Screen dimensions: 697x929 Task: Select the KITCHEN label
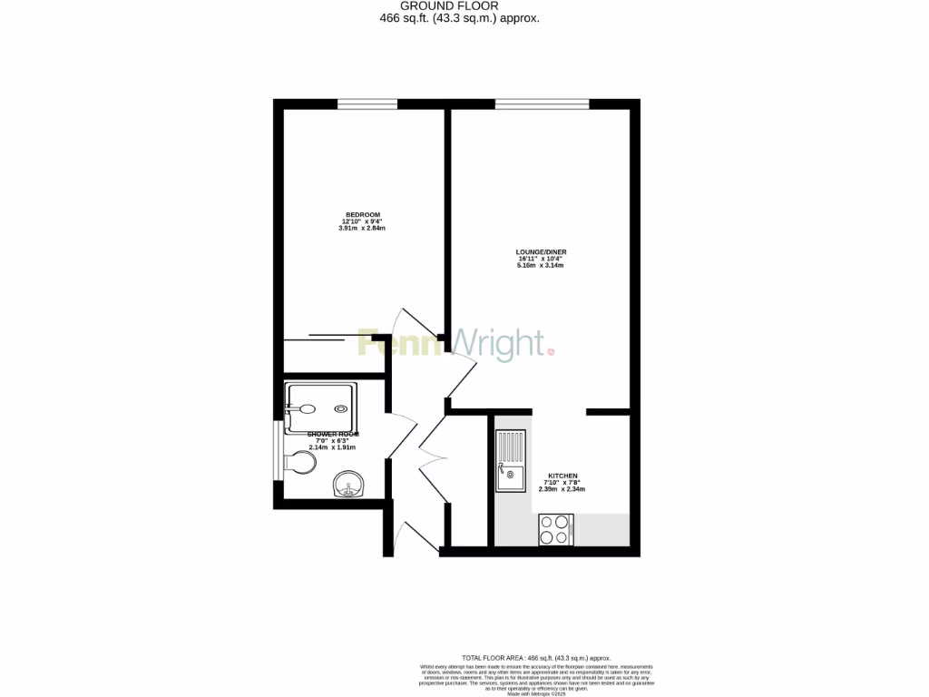(561, 476)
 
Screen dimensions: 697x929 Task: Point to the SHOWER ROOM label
(332, 435)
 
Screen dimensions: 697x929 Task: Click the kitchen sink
(510, 461)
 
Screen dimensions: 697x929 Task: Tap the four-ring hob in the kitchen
(555, 529)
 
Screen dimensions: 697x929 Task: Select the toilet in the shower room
(300, 463)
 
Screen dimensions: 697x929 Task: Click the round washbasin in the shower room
(348, 486)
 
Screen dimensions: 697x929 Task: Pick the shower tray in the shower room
(320, 403)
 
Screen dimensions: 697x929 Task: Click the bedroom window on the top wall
(367, 104)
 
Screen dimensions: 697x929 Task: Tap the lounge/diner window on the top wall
(542, 104)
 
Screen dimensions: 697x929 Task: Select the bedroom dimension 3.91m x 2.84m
(361, 228)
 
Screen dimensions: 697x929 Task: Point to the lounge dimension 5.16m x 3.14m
(541, 265)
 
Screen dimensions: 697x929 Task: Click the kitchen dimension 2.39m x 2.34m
(562, 489)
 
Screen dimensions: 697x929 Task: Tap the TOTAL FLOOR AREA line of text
(536, 657)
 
